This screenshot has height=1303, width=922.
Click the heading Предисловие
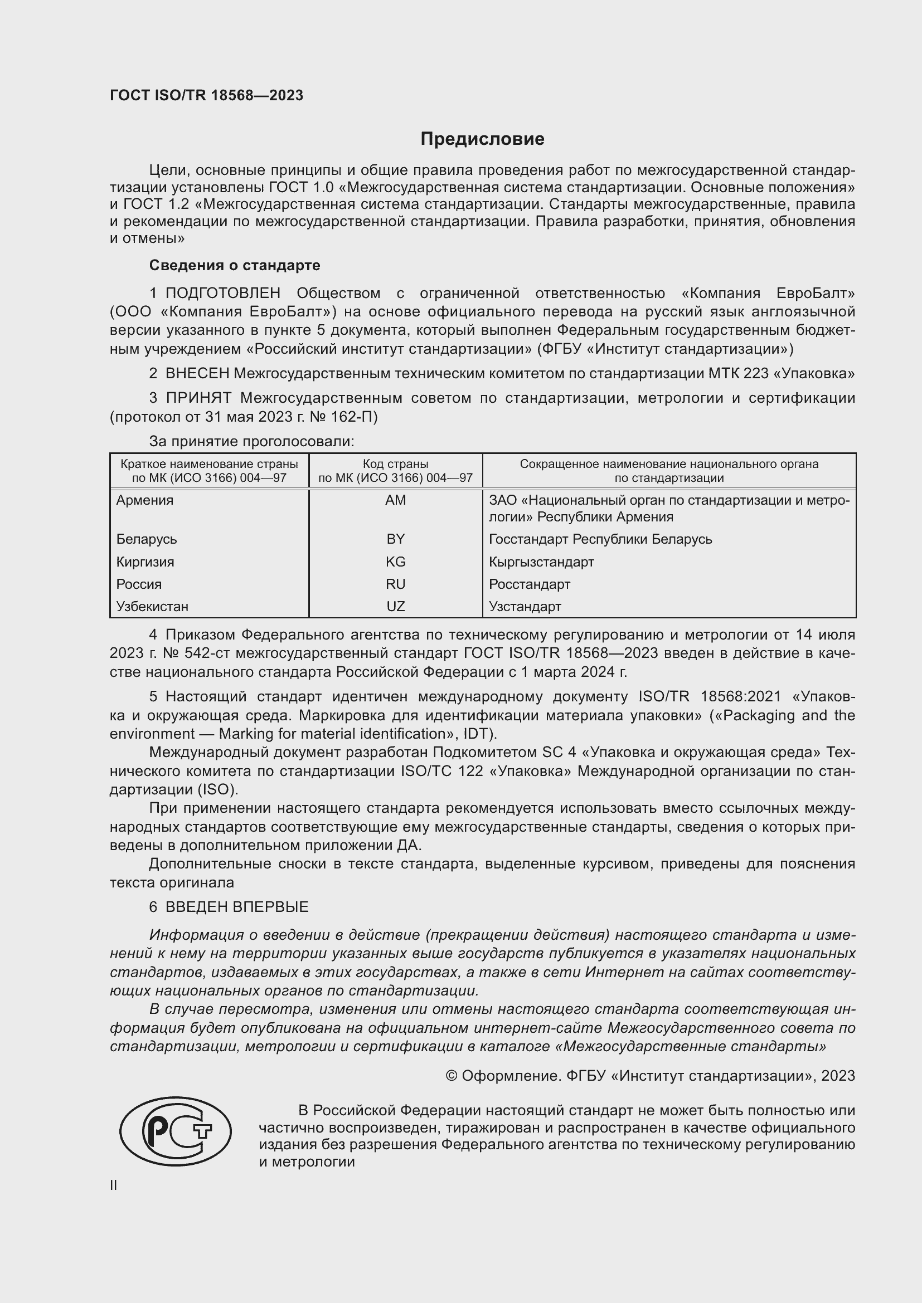pyautogui.click(x=482, y=139)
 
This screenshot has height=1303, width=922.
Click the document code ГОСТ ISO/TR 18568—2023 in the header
pyautogui.click(x=206, y=95)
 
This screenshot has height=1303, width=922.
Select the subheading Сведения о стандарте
pyautogui.click(x=235, y=265)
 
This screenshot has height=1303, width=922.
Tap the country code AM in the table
pyautogui.click(x=395, y=500)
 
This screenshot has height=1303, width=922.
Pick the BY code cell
pyautogui.click(x=395, y=539)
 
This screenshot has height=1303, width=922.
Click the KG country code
pyautogui.click(x=395, y=562)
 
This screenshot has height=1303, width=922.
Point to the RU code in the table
pyautogui.click(x=395, y=584)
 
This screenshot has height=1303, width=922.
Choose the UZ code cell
pyautogui.click(x=395, y=606)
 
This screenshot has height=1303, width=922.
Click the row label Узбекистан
pyautogui.click(x=152, y=606)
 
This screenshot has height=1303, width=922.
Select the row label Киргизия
pyautogui.click(x=145, y=562)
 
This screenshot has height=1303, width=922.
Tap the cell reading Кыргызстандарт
pyautogui.click(x=541, y=562)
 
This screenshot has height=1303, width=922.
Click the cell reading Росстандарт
pyautogui.click(x=529, y=584)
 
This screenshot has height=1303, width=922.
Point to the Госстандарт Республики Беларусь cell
pyautogui.click(x=600, y=539)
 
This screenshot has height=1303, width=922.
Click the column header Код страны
pyautogui.click(x=395, y=463)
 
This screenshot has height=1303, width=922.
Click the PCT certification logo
pyautogui.click(x=176, y=1131)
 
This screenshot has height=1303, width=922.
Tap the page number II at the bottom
pyautogui.click(x=114, y=1185)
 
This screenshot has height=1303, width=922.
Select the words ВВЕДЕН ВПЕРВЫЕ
pyautogui.click(x=237, y=907)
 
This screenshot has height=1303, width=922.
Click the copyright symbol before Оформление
pyautogui.click(x=452, y=1076)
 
